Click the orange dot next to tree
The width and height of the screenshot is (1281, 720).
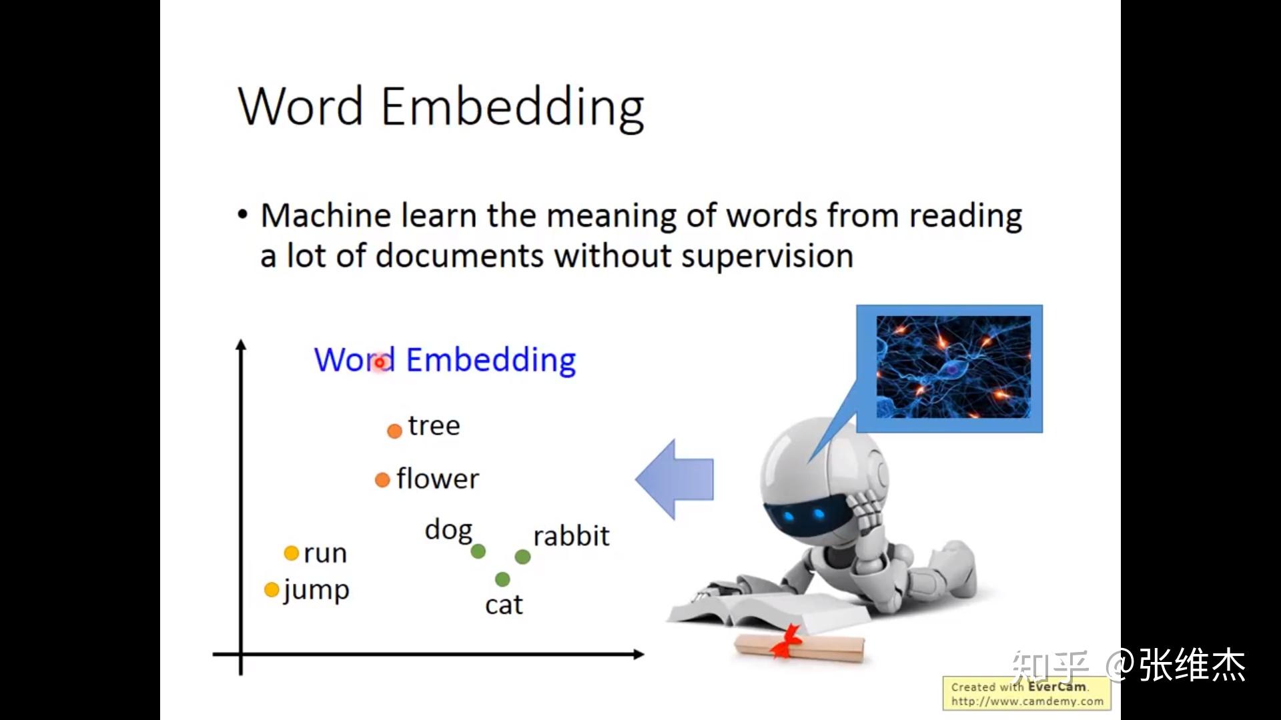tap(394, 431)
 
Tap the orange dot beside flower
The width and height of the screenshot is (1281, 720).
tap(382, 480)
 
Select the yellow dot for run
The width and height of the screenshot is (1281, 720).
tap(291, 553)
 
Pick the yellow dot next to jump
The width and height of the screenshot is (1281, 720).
tap(272, 590)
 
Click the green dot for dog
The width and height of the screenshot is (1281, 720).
tap(478, 551)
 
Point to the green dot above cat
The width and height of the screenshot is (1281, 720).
tap(502, 579)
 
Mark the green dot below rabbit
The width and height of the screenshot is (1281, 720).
tap(523, 557)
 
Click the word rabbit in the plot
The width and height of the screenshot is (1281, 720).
tap(571, 536)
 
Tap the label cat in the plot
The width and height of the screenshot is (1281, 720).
tap(504, 605)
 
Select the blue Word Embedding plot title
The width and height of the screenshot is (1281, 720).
tap(445, 361)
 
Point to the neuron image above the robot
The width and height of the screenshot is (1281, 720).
tap(953, 367)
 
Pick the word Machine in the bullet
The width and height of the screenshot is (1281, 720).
tap(326, 216)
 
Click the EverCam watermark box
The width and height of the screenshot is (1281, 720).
tap(1026, 694)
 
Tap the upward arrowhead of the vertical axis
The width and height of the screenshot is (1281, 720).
tap(241, 345)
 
